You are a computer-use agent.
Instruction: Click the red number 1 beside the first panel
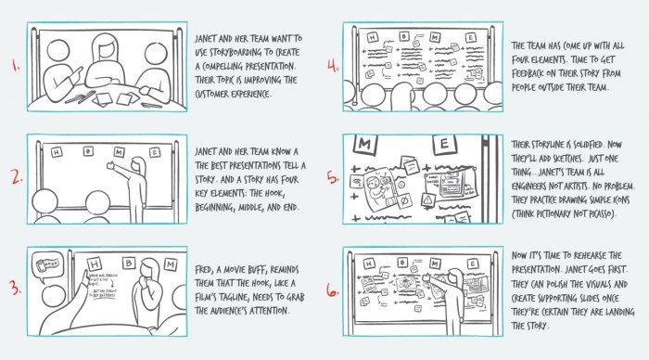[14, 66]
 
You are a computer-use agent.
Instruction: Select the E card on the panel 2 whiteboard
[143, 149]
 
